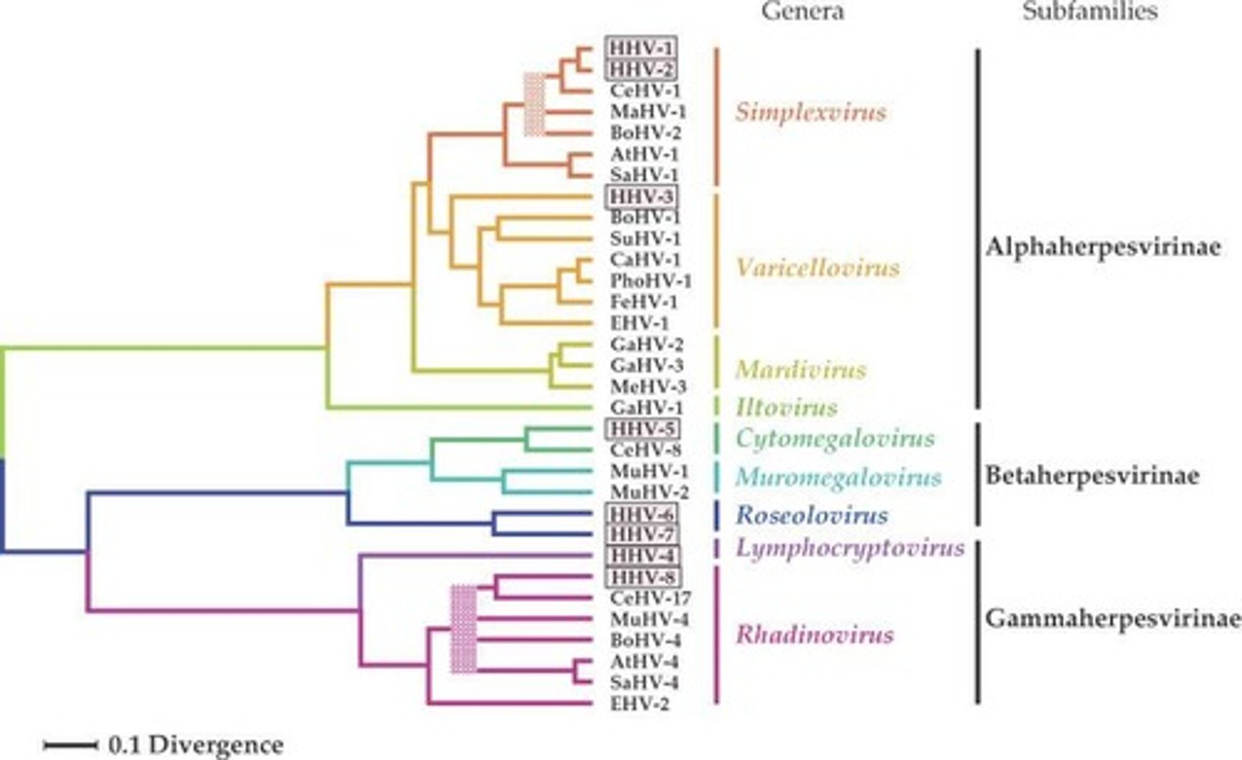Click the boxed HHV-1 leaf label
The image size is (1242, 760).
pos(642,47)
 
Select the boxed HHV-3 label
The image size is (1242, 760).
pos(642,197)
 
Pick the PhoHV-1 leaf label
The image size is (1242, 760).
pos(650,281)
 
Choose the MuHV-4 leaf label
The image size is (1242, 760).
pos(648,619)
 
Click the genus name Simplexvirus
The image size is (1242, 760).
pos(810,112)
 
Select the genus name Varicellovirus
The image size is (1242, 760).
pos(817,267)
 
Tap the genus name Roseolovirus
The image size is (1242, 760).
pos(811,516)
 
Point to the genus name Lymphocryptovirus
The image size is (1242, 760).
pos(850,548)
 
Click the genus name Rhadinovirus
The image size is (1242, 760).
pos(814,636)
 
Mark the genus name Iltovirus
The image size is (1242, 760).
pos(786,407)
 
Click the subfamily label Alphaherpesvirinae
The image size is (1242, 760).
pos(1103,248)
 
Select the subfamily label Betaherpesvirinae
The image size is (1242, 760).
pos(1092,475)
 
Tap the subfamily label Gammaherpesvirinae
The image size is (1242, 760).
pos(1112,619)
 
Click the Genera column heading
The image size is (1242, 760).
pos(802,11)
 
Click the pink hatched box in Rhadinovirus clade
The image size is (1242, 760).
pos(464,629)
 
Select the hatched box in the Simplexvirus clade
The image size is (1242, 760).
pos(535,104)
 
